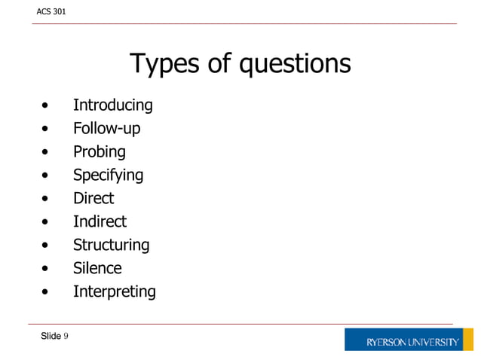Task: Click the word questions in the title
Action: tap(295, 64)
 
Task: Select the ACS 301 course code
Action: tap(51, 11)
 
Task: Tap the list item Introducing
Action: tap(112, 105)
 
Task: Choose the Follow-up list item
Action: tap(106, 129)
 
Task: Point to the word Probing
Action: tap(99, 152)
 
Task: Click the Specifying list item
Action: tap(108, 175)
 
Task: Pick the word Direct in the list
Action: tap(93, 198)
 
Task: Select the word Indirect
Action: tap(100, 221)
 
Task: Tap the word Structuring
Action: tap(111, 245)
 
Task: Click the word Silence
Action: tap(97, 268)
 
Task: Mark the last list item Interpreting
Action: tap(114, 291)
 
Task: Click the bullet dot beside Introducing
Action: tap(47, 106)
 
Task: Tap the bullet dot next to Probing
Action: tap(47, 153)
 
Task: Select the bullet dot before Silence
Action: tap(47, 269)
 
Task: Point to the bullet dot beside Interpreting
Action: tap(47, 292)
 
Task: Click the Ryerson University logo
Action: tap(412, 341)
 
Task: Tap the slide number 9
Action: tap(66, 336)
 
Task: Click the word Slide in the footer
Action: tap(51, 336)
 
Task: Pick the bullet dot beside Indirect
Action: tap(47, 222)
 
